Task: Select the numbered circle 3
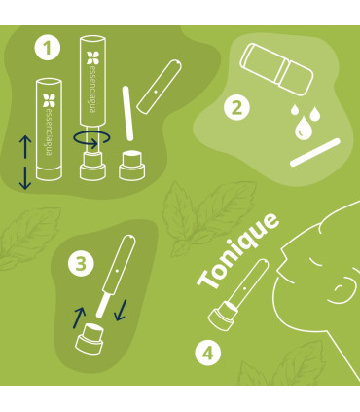[x=83, y=262]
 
